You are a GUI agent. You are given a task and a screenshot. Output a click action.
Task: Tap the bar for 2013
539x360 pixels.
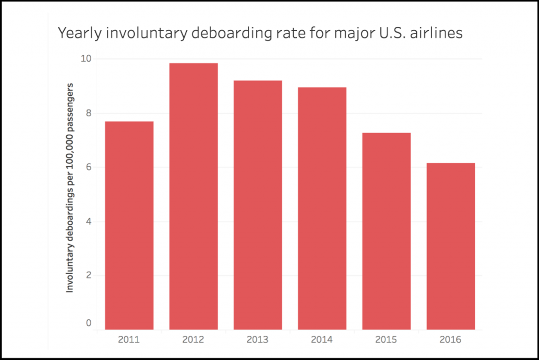(258, 205)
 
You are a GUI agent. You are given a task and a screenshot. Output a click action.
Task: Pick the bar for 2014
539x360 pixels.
(322, 208)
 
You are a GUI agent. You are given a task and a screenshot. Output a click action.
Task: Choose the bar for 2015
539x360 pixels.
(386, 231)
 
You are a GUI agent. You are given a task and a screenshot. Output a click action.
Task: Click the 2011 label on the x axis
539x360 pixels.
(129, 339)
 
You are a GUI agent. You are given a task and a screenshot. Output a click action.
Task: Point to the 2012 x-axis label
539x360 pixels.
(193, 339)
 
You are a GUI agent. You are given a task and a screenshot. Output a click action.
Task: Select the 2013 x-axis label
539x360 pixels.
(258, 339)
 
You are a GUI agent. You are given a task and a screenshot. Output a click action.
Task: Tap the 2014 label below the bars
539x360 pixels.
(322, 339)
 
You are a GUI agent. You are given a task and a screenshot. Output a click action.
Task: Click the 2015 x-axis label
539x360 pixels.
(386, 339)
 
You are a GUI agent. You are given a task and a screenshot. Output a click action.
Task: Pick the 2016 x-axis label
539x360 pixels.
(451, 339)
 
